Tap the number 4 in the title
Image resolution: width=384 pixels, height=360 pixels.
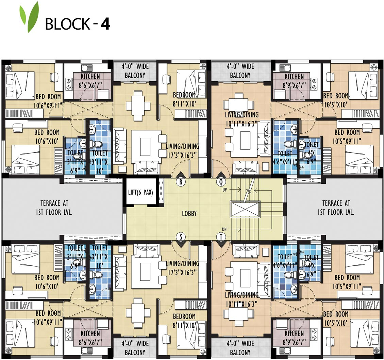[105, 24]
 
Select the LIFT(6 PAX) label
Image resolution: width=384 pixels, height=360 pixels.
[140, 192]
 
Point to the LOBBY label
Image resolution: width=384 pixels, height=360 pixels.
[189, 214]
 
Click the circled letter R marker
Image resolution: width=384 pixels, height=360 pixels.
[181, 182]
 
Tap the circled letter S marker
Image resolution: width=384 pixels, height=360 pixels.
[181, 236]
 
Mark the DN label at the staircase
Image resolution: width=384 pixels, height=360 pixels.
[224, 229]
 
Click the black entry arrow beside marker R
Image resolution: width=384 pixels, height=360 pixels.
[181, 175]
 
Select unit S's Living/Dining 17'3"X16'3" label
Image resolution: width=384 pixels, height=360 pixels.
[182, 267]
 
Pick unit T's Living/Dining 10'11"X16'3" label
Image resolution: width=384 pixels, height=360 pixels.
[241, 299]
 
